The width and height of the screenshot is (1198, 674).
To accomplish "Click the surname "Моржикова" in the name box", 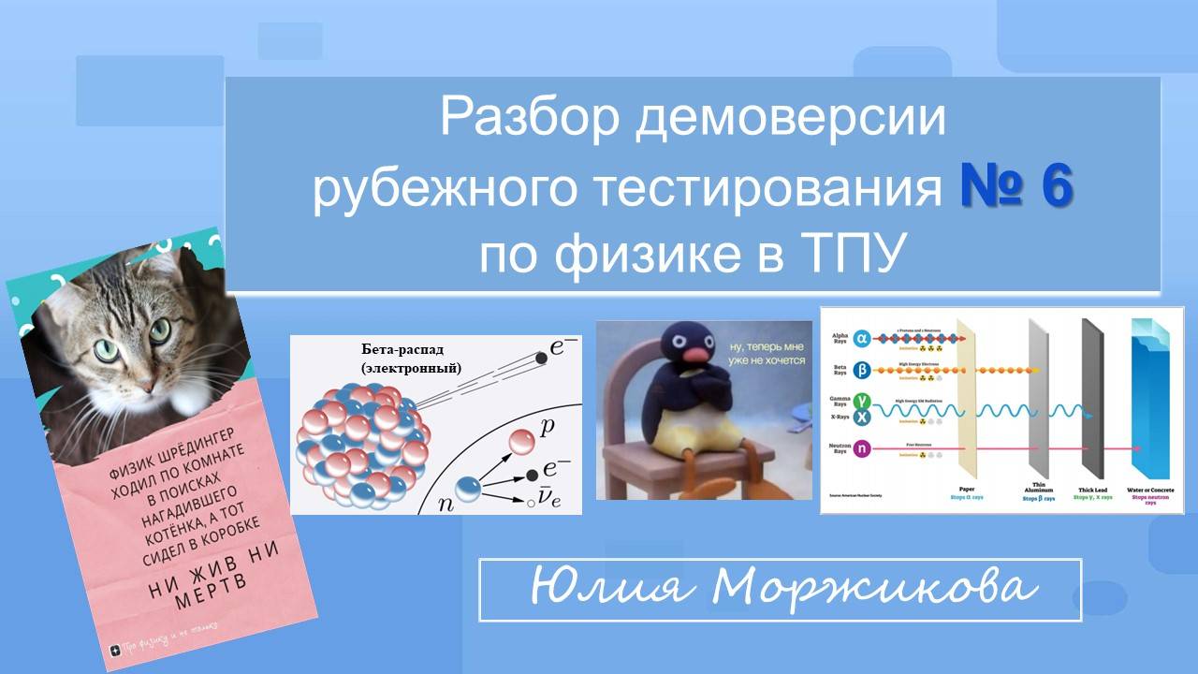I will pos(874,589).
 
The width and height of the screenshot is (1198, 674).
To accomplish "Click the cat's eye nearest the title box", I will pos(161,330).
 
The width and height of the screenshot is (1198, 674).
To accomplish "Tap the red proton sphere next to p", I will pos(521,441).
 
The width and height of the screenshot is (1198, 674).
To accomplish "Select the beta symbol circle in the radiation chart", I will pos(862,371).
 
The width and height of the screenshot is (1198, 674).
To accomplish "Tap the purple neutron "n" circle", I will pos(862,449).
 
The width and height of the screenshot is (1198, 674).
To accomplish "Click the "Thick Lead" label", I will pos(1092,488).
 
